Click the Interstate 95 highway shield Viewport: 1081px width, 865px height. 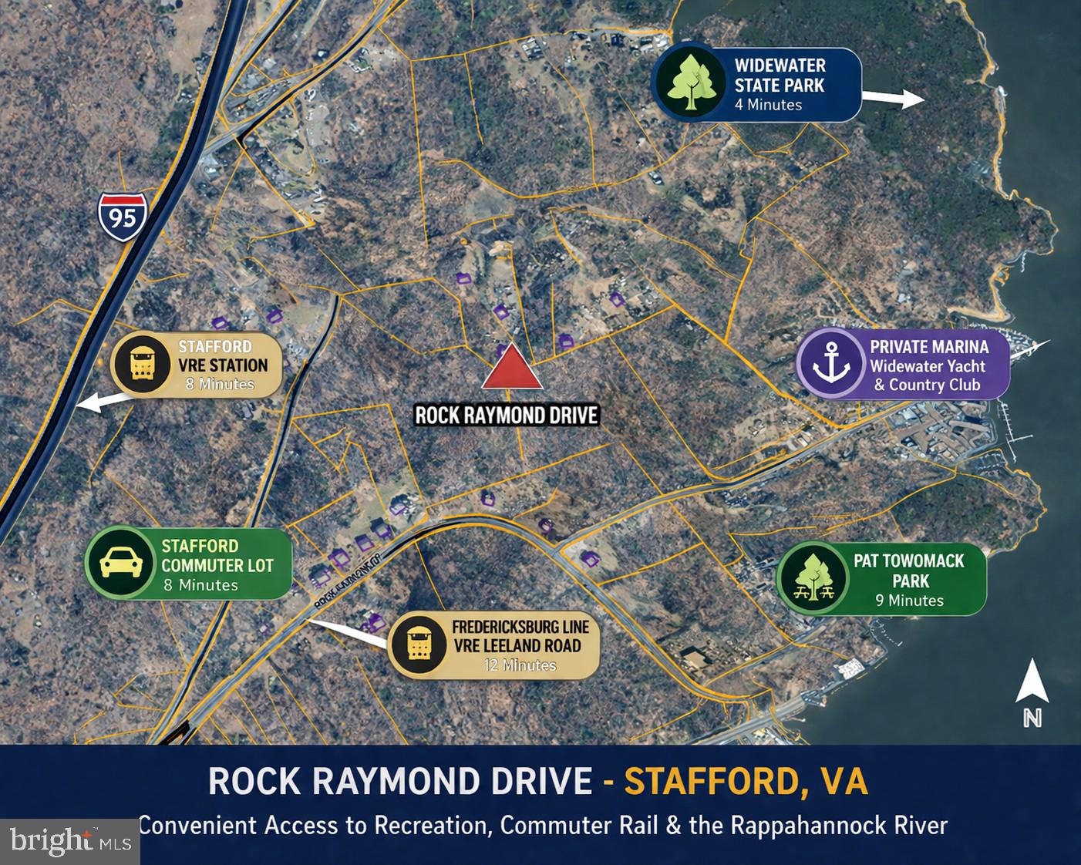(122, 217)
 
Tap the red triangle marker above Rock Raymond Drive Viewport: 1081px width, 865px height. (512, 369)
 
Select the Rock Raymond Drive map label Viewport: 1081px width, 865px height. (507, 416)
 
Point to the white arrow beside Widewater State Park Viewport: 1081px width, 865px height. (893, 98)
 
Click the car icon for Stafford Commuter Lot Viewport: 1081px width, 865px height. (122, 563)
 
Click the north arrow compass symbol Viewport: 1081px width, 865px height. (1032, 693)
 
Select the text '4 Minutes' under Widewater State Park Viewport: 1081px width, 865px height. (768, 105)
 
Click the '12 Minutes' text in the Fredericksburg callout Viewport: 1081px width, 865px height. (520, 665)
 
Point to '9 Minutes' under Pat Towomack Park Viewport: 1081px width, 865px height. (909, 600)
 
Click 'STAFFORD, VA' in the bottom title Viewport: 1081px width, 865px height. (746, 781)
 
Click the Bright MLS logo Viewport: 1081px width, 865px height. (69, 841)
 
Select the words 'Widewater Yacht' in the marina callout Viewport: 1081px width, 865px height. (928, 366)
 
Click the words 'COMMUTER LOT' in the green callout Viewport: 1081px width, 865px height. (217, 565)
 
